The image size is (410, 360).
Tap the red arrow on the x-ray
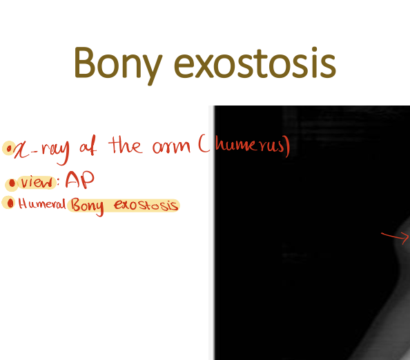pyautogui.click(x=395, y=237)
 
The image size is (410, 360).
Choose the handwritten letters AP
pyautogui.click(x=79, y=181)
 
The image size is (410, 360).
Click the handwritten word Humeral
pyautogui.click(x=42, y=204)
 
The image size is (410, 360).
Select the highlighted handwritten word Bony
pyautogui.click(x=89, y=206)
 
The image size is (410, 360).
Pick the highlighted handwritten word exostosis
pyautogui.click(x=146, y=206)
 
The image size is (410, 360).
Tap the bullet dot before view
pyautogui.click(x=12, y=183)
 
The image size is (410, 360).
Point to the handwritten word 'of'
pyautogui.click(x=88, y=146)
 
